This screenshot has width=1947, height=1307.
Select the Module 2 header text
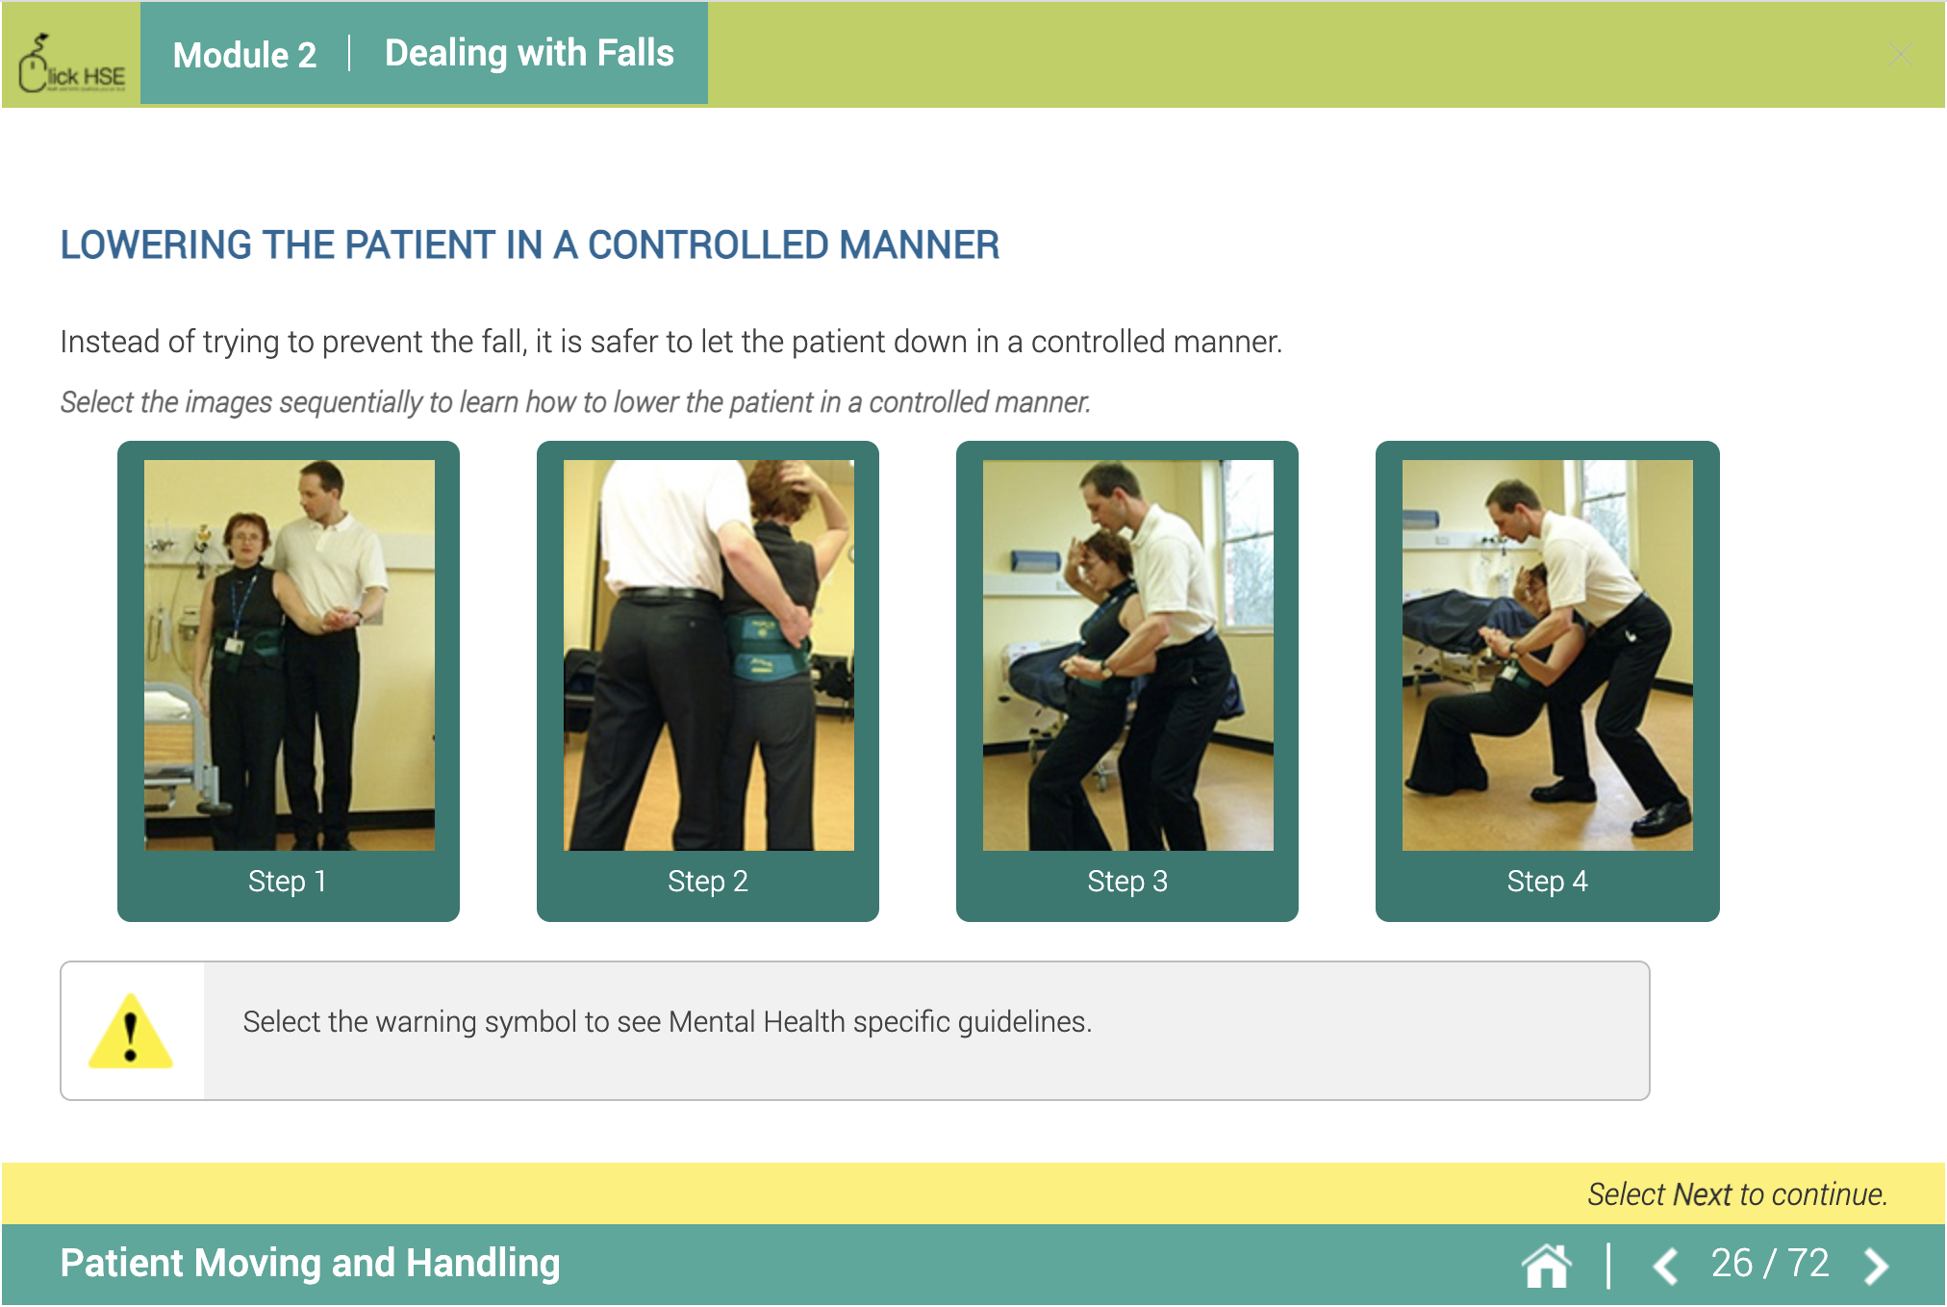[244, 55]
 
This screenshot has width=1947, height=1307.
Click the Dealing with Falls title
[529, 53]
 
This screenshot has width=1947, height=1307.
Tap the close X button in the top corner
[1900, 54]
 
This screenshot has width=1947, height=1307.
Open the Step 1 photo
[289, 654]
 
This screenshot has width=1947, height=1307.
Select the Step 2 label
[707, 881]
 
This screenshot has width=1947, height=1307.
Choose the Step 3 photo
[1127, 654]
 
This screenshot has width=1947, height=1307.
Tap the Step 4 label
[1547, 881]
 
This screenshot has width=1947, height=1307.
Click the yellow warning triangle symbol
[131, 1033]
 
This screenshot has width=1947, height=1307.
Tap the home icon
[1547, 1266]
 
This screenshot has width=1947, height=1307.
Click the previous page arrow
[1666, 1266]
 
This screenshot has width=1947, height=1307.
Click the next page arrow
[1876, 1266]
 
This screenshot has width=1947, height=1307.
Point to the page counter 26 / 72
[1770, 1263]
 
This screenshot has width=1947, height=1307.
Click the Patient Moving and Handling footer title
[310, 1263]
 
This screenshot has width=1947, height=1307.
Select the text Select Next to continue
[1737, 1194]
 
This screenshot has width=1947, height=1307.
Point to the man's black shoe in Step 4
[1662, 818]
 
